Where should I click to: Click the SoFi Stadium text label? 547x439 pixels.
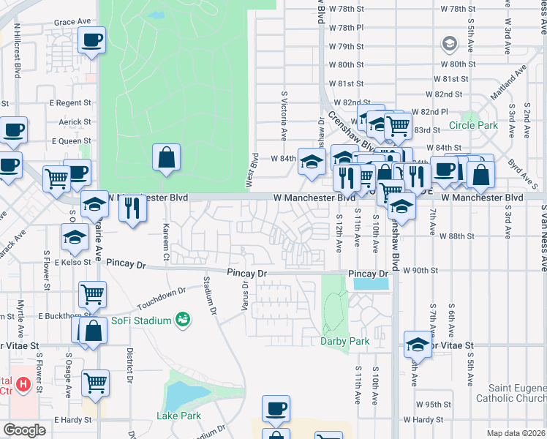[142, 321]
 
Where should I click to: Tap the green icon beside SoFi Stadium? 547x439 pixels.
[183, 320]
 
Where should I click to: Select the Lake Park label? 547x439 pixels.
[178, 416]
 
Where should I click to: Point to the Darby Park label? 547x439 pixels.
[345, 341]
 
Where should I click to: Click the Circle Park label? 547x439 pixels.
[473, 126]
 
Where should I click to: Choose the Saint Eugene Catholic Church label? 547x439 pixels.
[510, 394]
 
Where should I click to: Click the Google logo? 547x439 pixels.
[24, 429]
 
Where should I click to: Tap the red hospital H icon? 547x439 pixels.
[24, 383]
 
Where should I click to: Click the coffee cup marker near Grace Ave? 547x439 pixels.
[92, 40]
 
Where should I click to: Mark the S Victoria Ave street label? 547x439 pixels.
[284, 116]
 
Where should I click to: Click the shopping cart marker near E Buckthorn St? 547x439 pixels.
[92, 294]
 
